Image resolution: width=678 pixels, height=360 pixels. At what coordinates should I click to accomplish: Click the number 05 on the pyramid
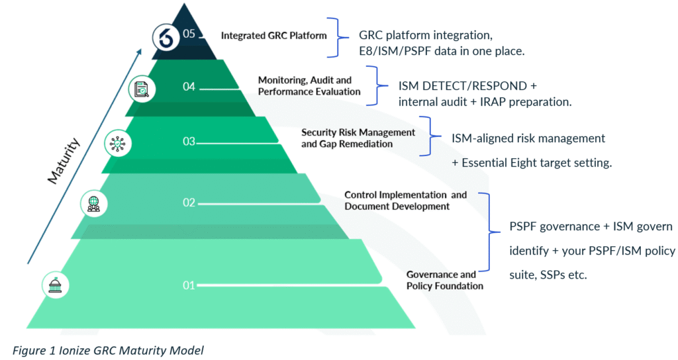[189, 34]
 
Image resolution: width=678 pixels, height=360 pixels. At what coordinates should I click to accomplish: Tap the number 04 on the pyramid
[189, 86]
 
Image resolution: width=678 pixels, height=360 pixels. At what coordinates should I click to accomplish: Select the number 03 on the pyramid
[189, 141]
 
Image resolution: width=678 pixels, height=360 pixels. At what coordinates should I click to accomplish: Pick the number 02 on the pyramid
[189, 202]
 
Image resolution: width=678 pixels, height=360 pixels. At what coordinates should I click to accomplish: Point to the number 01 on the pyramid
[189, 285]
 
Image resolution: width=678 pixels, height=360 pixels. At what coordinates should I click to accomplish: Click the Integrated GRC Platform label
[273, 35]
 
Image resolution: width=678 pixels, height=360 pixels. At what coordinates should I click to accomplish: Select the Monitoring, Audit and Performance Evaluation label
[309, 86]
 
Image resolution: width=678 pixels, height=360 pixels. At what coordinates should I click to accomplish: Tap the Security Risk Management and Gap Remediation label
[358, 138]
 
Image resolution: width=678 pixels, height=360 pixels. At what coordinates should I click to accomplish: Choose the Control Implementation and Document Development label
[405, 201]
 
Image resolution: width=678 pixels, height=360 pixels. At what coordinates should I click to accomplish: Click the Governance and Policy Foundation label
[444, 280]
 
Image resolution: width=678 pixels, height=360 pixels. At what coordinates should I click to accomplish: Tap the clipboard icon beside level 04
[140, 89]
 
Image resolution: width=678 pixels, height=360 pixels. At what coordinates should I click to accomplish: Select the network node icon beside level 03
[118, 142]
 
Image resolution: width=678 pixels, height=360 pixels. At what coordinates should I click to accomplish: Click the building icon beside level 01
[55, 285]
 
